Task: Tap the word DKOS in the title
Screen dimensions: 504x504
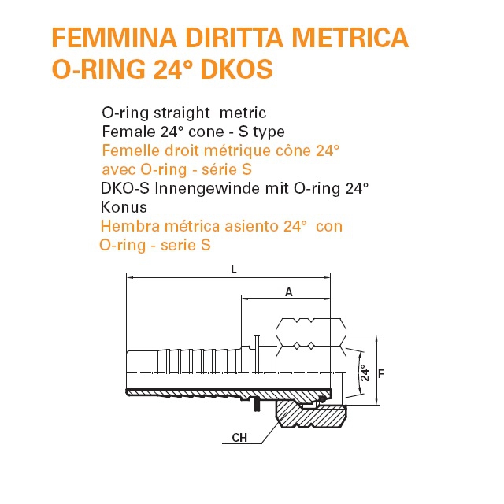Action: [x=236, y=69]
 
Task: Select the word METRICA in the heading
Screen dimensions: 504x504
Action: [x=350, y=38]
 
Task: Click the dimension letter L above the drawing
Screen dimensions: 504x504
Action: [x=234, y=269]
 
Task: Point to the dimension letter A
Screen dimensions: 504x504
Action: [x=289, y=292]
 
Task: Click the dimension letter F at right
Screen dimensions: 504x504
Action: [x=381, y=374]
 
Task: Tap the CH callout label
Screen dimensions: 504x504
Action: [x=239, y=438]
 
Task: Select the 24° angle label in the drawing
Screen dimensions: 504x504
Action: [x=365, y=372]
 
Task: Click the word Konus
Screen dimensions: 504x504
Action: [x=124, y=207]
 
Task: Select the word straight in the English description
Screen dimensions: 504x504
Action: [x=182, y=113]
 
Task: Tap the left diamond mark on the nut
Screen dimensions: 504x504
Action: [x=297, y=346]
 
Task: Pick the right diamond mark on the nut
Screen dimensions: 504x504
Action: [x=311, y=346]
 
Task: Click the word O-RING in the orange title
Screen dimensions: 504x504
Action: [x=98, y=69]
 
